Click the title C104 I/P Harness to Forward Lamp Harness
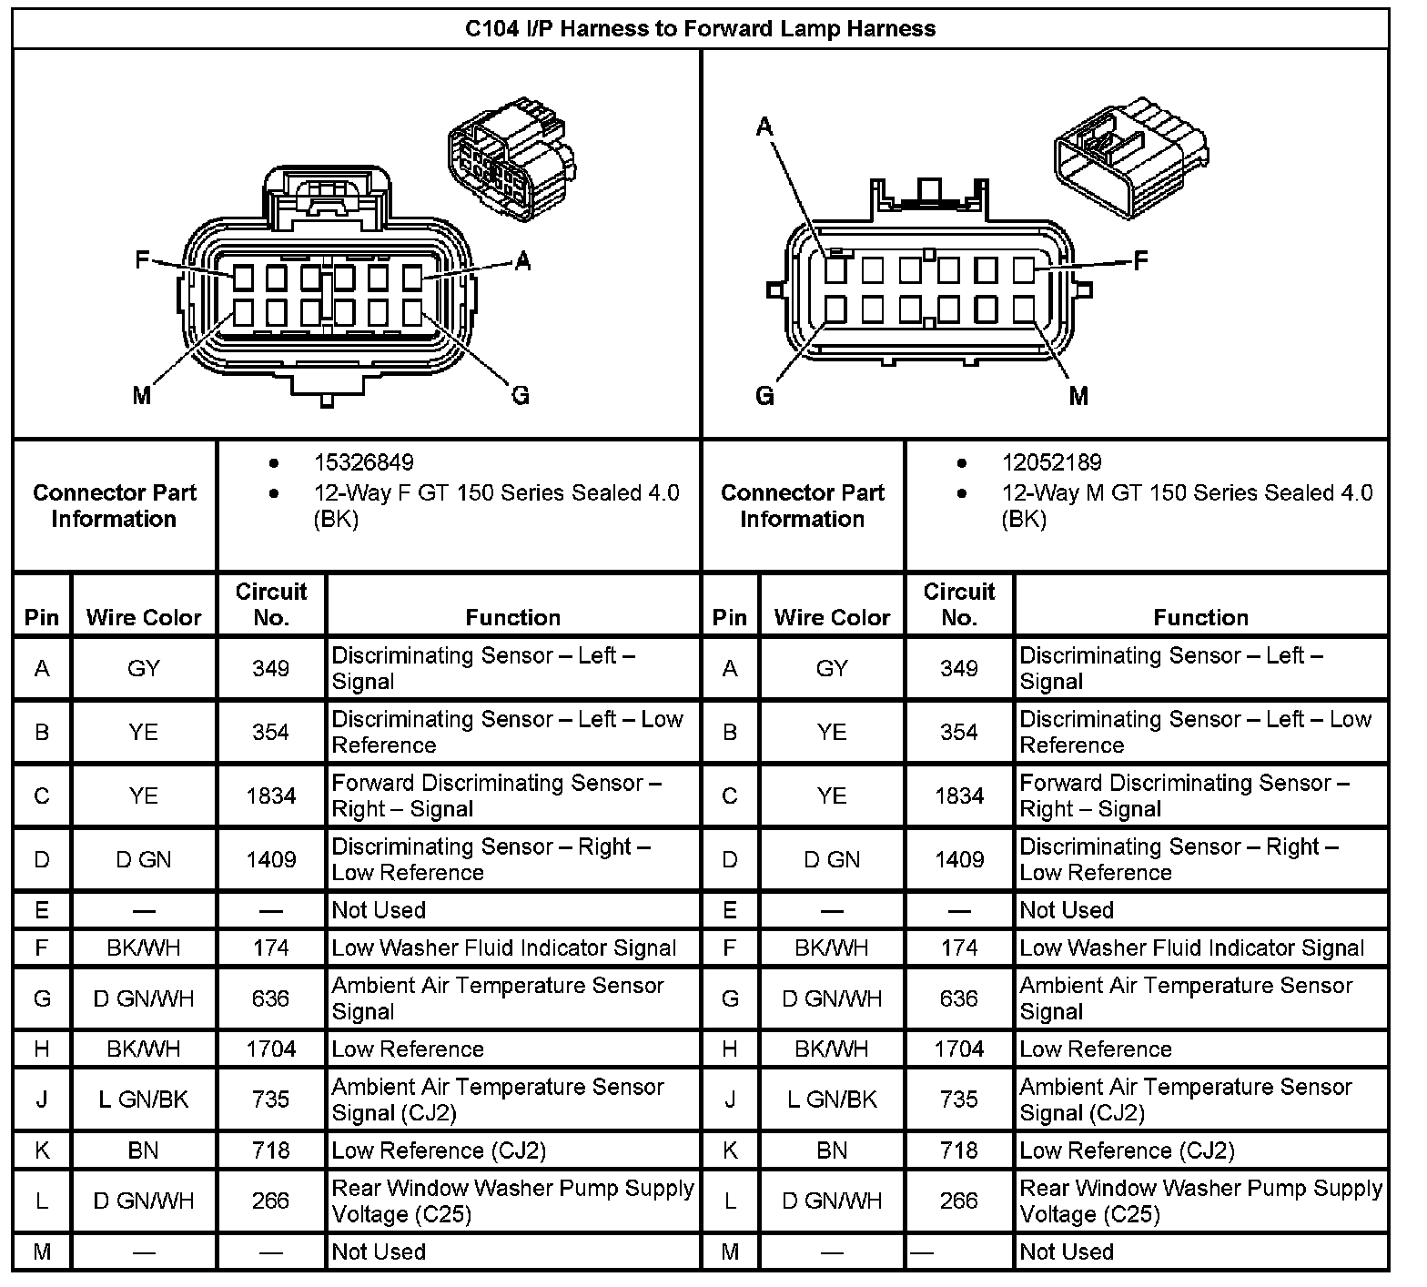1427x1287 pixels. pos(700,28)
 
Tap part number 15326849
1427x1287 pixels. pos(364,462)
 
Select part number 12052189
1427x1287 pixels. pos(1051,462)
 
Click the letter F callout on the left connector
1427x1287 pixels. pos(142,260)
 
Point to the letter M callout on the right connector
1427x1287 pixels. pos(1078,396)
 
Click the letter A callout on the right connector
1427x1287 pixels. pos(764,127)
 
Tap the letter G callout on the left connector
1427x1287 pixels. pos(521,395)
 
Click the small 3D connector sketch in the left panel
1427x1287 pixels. pos(511,158)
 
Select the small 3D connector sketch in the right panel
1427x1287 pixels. pos(1131,162)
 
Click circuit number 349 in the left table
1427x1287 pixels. pos(270,669)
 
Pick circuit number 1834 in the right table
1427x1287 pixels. pos(959,796)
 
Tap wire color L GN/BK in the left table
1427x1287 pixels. pos(144,1100)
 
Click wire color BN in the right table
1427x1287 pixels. pos(832,1150)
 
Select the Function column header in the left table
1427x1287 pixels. pos(512,618)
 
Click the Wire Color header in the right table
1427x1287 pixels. pos(832,618)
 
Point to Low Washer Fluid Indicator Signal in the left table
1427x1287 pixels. pos(503,948)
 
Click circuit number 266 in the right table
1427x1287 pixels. pos(959,1201)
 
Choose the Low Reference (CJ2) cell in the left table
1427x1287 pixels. pos(439,1150)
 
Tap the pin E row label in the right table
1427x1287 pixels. pos(730,910)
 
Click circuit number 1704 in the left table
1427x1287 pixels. pos(270,1049)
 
